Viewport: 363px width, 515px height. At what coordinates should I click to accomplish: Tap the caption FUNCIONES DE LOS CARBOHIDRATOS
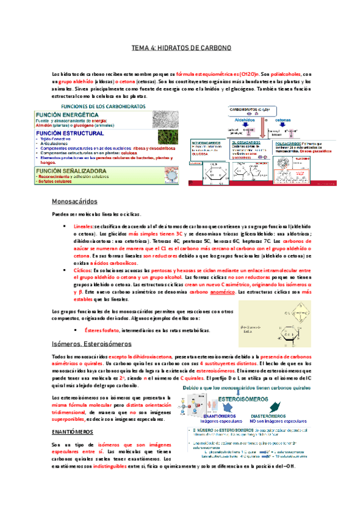108,106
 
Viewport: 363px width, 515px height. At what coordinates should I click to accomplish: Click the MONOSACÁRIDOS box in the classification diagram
207,147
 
